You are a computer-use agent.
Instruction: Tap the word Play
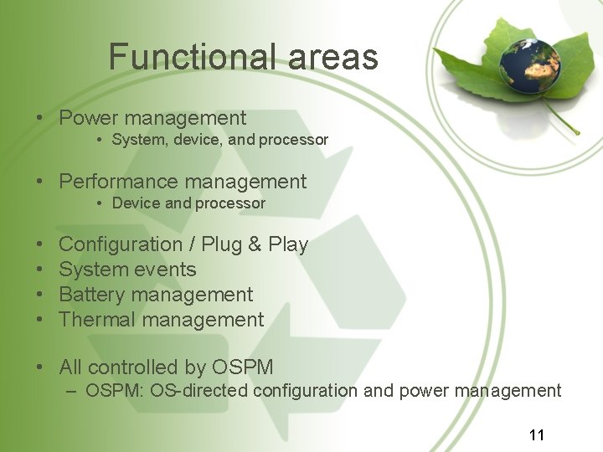[288, 244]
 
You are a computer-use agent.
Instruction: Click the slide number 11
[537, 434]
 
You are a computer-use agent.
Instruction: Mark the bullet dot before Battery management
[40, 295]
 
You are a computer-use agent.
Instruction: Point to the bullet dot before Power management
[40, 119]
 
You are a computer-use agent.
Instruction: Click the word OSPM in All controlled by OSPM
[243, 367]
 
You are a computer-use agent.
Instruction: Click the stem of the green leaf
[560, 118]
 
